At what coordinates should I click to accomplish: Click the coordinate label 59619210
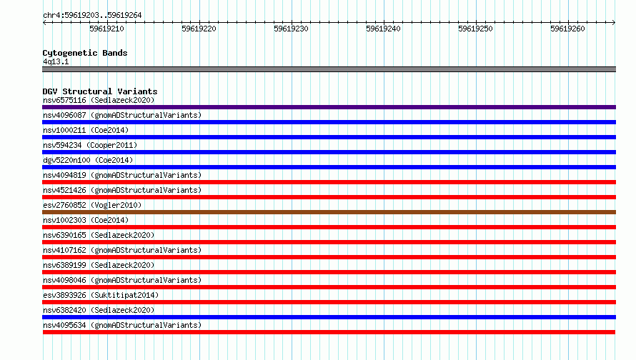click(106, 29)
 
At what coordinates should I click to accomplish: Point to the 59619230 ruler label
click(291, 29)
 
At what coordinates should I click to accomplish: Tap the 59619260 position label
click(567, 29)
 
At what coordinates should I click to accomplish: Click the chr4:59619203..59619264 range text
click(92, 15)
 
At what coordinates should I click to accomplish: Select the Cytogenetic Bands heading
click(85, 53)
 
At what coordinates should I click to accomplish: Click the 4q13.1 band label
click(56, 61)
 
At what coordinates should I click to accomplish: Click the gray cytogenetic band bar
click(329, 69)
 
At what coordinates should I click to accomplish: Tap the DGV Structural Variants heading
click(100, 91)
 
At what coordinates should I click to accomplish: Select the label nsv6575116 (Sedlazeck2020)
click(99, 100)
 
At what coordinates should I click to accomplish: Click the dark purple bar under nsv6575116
click(329, 107)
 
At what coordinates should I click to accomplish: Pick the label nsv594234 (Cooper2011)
click(90, 145)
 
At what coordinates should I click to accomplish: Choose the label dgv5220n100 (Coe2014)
click(88, 160)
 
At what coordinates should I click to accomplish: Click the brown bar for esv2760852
click(329, 212)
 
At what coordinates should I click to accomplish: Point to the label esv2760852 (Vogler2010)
click(92, 205)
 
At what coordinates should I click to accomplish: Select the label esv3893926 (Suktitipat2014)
click(101, 295)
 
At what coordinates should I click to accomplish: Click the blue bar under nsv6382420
click(329, 317)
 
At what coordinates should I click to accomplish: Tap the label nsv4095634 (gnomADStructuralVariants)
click(122, 325)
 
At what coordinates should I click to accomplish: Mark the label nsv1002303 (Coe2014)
click(86, 220)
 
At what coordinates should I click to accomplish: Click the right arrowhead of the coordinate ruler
click(614, 22)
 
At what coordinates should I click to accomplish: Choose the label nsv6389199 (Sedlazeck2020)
click(99, 265)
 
